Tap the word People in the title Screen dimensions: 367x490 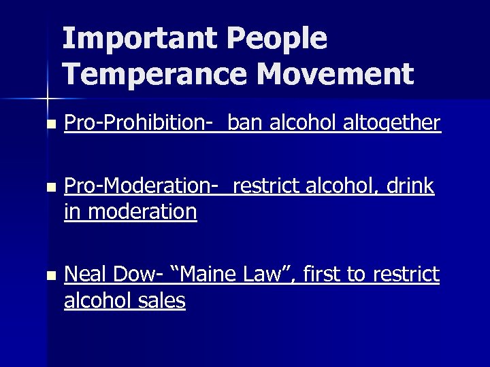[279, 39]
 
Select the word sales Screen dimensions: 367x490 [162, 300]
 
